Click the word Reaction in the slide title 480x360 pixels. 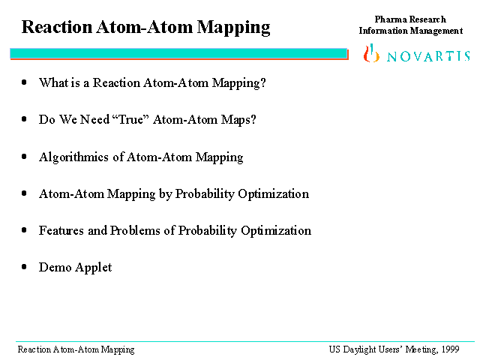57,27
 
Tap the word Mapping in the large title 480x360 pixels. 233,28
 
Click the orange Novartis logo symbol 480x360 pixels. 371,53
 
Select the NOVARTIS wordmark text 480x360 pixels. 428,56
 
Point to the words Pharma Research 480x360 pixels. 410,19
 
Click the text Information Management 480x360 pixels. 411,31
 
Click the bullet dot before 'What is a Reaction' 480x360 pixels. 24,82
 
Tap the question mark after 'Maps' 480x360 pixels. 253,119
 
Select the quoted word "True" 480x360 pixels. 131,119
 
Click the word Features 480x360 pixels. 61,230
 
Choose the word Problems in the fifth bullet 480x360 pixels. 135,230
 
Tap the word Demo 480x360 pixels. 55,267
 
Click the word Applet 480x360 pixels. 94,268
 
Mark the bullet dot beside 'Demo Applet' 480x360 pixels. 24,267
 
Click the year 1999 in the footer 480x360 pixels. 450,349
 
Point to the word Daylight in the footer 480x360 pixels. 359,350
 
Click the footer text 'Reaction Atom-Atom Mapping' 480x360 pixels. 76,350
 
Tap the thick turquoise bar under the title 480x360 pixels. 179,53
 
